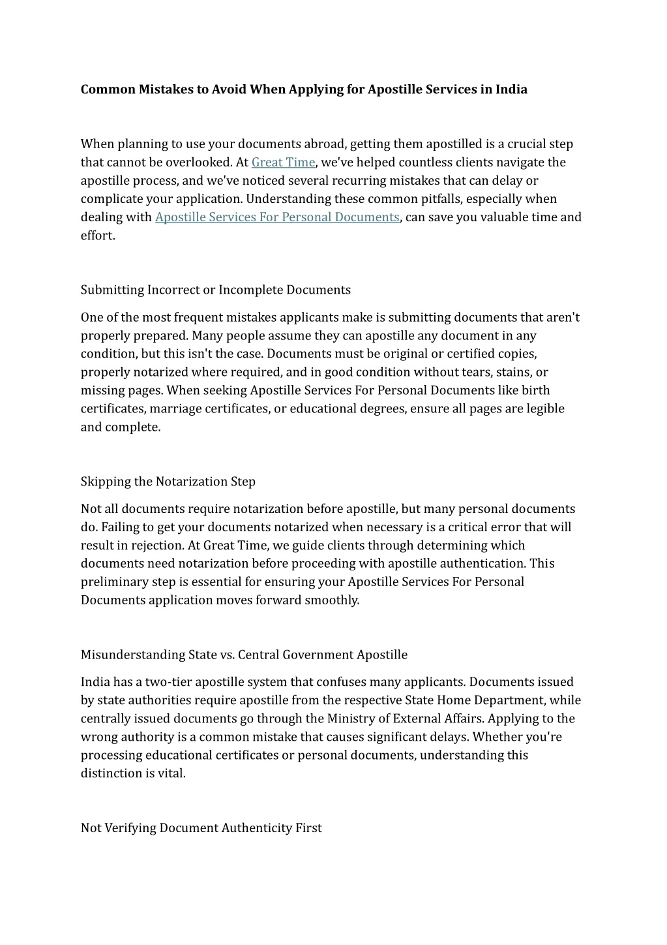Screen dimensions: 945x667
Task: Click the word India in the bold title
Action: (511, 89)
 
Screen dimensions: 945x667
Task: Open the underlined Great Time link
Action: (283, 163)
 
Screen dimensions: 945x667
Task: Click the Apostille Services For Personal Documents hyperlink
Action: (277, 217)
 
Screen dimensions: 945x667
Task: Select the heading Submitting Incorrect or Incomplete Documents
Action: (216, 290)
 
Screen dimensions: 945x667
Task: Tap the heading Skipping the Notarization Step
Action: (168, 482)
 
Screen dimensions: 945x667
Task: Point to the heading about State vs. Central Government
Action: (244, 655)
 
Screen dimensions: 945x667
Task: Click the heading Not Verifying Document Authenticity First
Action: (201, 828)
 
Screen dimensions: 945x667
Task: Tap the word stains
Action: (514, 373)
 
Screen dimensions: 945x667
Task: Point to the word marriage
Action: (175, 409)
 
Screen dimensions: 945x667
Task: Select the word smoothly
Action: (332, 600)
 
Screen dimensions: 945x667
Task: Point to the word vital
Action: (172, 774)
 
